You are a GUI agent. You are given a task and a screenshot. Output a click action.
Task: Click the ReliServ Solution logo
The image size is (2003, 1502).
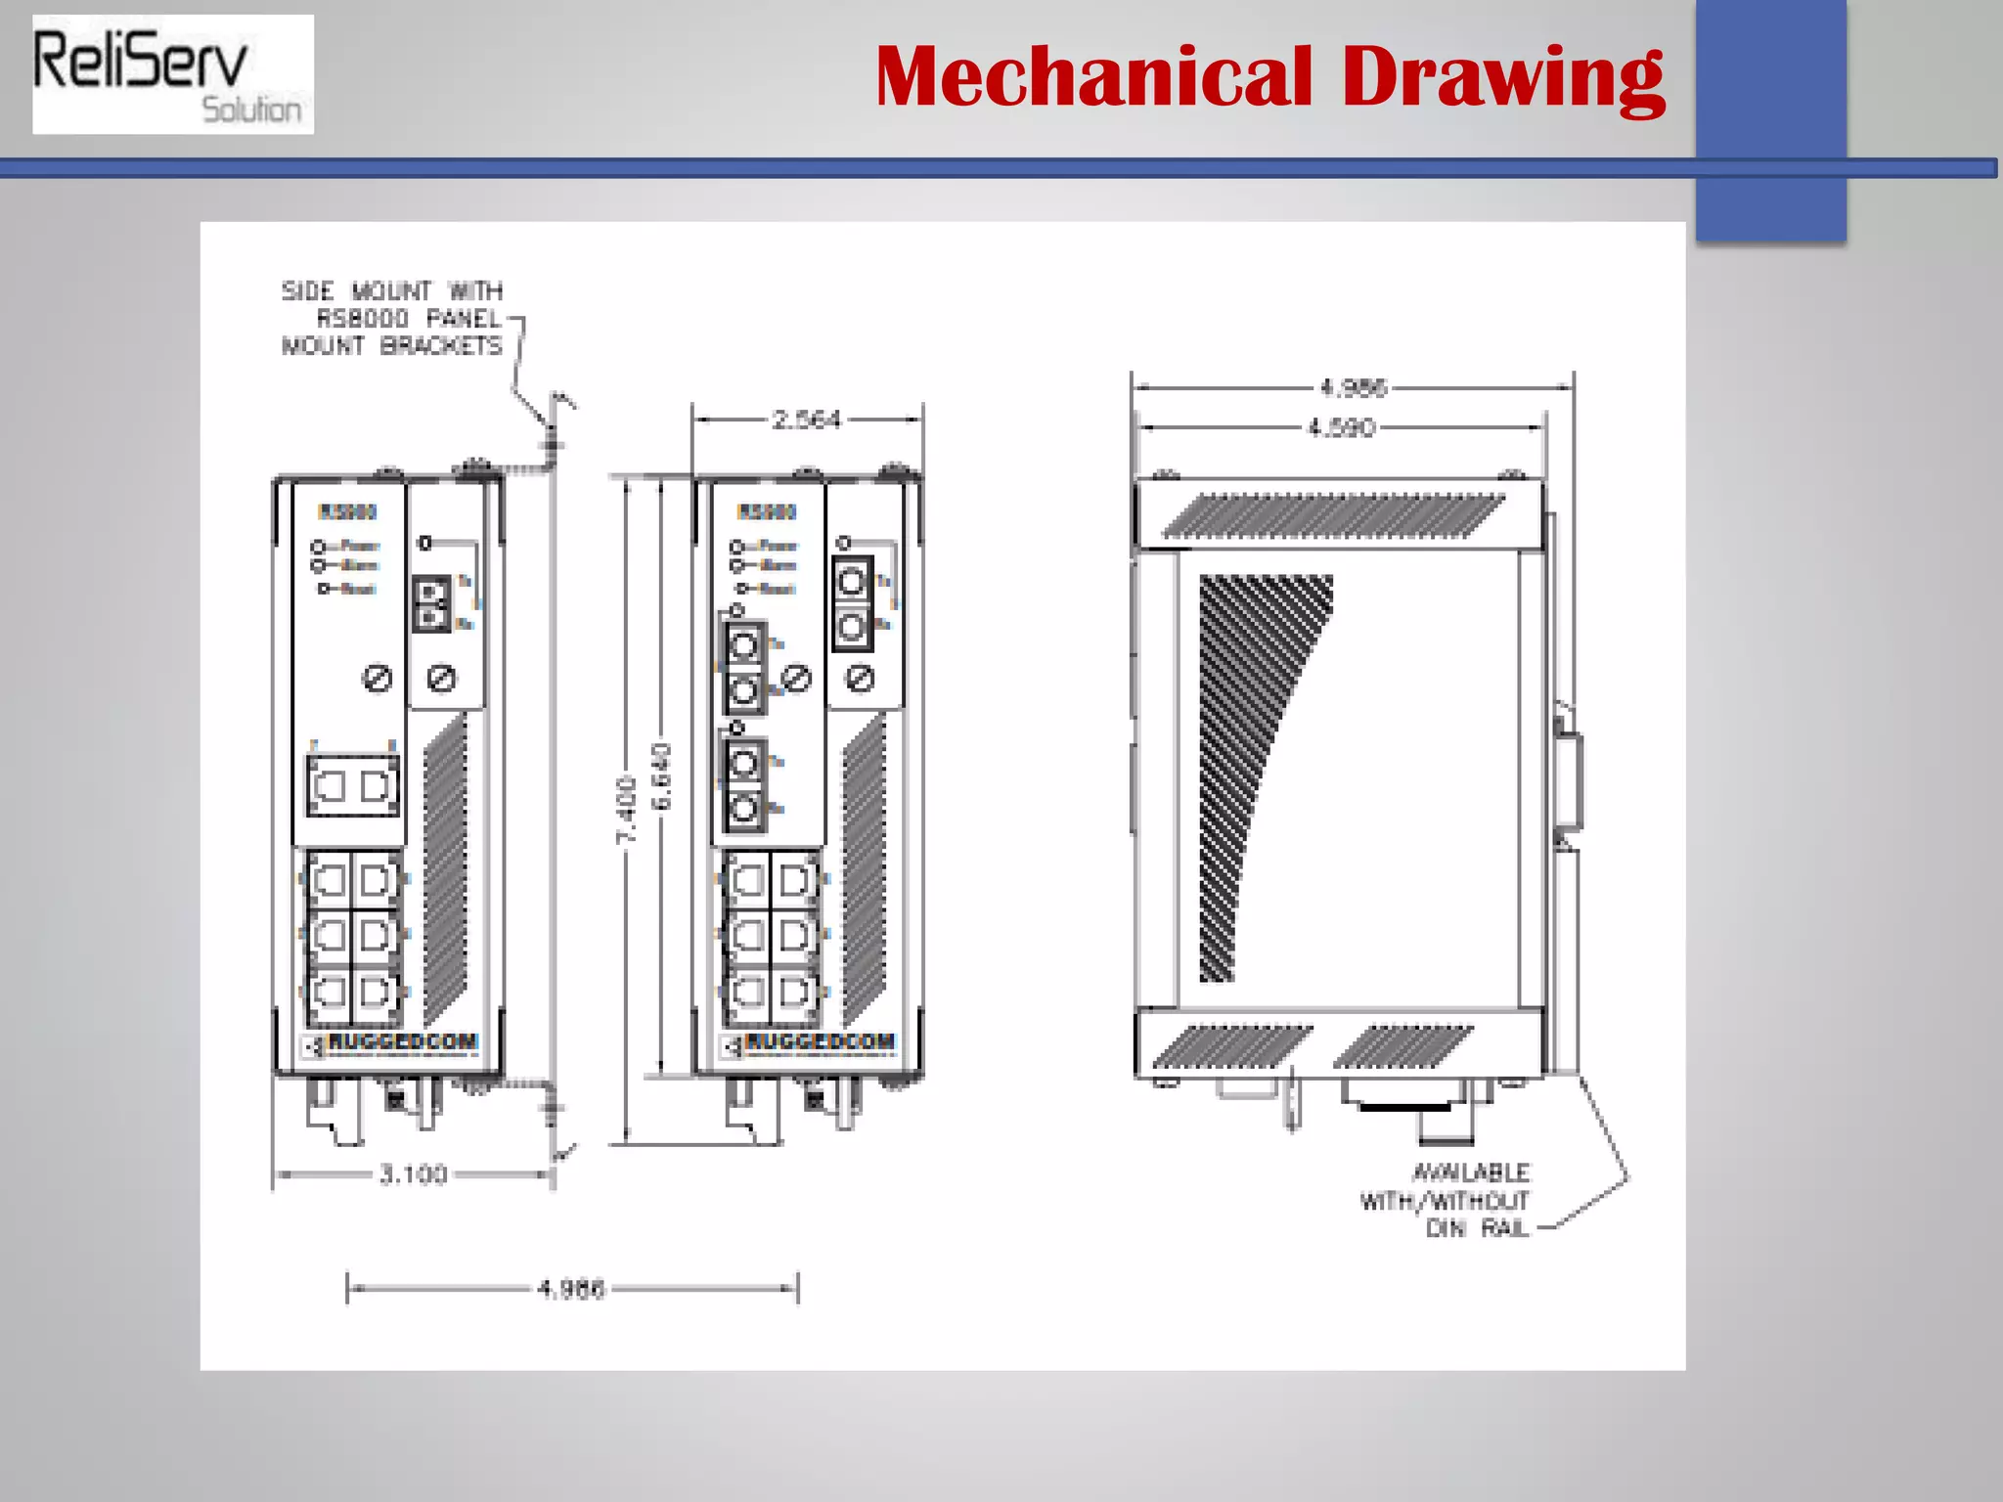tap(172, 74)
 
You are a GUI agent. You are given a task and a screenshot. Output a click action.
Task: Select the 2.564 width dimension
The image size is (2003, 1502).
tap(806, 420)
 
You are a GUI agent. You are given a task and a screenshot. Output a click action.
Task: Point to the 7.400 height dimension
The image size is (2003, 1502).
tap(627, 809)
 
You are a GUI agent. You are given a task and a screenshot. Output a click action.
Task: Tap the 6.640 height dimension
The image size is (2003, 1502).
tap(662, 775)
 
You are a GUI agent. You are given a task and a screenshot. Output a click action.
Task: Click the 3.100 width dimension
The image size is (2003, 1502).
tap(413, 1173)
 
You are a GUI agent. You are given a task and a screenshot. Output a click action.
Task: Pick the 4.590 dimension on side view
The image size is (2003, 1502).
tap(1341, 427)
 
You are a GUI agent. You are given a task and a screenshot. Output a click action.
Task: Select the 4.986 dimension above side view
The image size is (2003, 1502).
tap(1353, 388)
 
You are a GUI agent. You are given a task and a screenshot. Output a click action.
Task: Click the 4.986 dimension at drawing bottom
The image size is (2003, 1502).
tap(571, 1289)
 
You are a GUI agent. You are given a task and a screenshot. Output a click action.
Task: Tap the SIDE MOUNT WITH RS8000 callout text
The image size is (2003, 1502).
tap(392, 318)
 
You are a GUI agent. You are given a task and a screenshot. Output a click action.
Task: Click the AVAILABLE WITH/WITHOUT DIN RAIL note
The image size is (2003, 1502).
tap(1457, 1200)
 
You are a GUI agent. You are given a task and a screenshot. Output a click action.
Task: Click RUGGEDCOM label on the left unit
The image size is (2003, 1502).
tap(402, 1041)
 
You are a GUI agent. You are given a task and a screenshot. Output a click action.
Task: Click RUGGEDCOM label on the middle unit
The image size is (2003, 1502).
tap(820, 1041)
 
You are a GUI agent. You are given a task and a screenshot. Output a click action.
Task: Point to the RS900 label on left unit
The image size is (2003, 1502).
tap(347, 511)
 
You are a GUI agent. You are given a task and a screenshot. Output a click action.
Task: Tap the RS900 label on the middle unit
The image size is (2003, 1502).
tap(767, 511)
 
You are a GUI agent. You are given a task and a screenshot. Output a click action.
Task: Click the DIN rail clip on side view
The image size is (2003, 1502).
tap(1568, 777)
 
